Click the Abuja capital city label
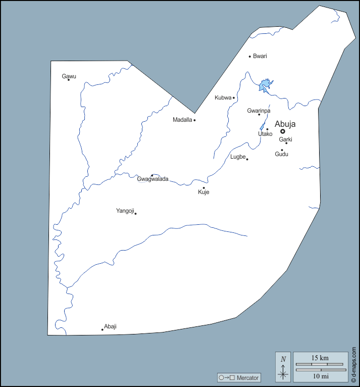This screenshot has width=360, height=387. [x=285, y=124]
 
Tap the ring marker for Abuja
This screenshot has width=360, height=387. [x=283, y=131]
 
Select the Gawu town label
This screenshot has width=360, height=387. [x=69, y=76]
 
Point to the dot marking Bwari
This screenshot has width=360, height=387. [x=249, y=56]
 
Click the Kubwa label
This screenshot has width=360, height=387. [x=223, y=98]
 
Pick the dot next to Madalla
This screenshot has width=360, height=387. [x=194, y=120]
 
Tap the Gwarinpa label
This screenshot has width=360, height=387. [x=259, y=111]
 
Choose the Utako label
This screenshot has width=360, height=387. [x=265, y=134]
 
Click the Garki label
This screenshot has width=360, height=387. [x=286, y=139]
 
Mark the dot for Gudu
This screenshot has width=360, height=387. [x=282, y=150]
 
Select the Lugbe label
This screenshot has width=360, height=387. [x=238, y=157]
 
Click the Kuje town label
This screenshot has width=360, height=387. [x=203, y=192]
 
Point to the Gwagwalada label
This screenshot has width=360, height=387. [x=152, y=179]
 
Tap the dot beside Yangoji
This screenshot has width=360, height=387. [x=135, y=213]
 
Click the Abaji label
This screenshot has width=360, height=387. [x=110, y=326]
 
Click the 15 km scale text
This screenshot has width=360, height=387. [x=320, y=358]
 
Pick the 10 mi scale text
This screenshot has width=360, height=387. [x=320, y=376]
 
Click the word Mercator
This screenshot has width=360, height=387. [x=247, y=378]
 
